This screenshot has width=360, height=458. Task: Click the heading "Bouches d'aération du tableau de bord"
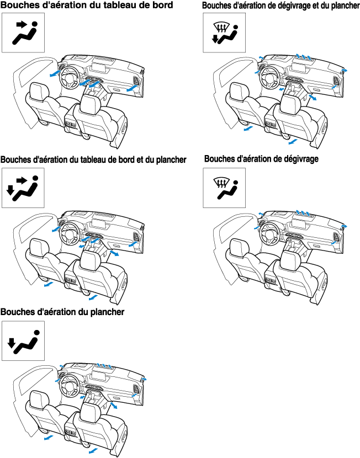[x=87, y=6]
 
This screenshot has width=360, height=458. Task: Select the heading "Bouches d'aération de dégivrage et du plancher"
[x=280, y=6]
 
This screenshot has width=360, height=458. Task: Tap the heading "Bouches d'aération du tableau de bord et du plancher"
[x=93, y=160]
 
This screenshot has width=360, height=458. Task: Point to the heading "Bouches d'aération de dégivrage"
[x=261, y=159]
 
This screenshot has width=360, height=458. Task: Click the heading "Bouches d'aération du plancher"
[x=62, y=312]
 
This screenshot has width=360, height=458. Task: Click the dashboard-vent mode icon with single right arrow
[x=23, y=33]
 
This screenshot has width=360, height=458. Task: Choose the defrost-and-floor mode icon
[x=224, y=33]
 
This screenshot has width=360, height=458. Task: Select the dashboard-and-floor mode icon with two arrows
[x=23, y=188]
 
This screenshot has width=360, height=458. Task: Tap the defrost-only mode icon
[x=224, y=188]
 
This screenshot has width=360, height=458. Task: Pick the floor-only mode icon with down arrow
[x=23, y=341]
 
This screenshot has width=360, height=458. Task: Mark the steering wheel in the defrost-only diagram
[x=269, y=233]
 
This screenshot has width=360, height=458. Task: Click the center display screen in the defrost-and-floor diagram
[x=299, y=69]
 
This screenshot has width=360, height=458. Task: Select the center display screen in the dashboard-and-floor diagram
[x=99, y=224]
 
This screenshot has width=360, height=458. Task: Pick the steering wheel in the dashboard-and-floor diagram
[x=69, y=233]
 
